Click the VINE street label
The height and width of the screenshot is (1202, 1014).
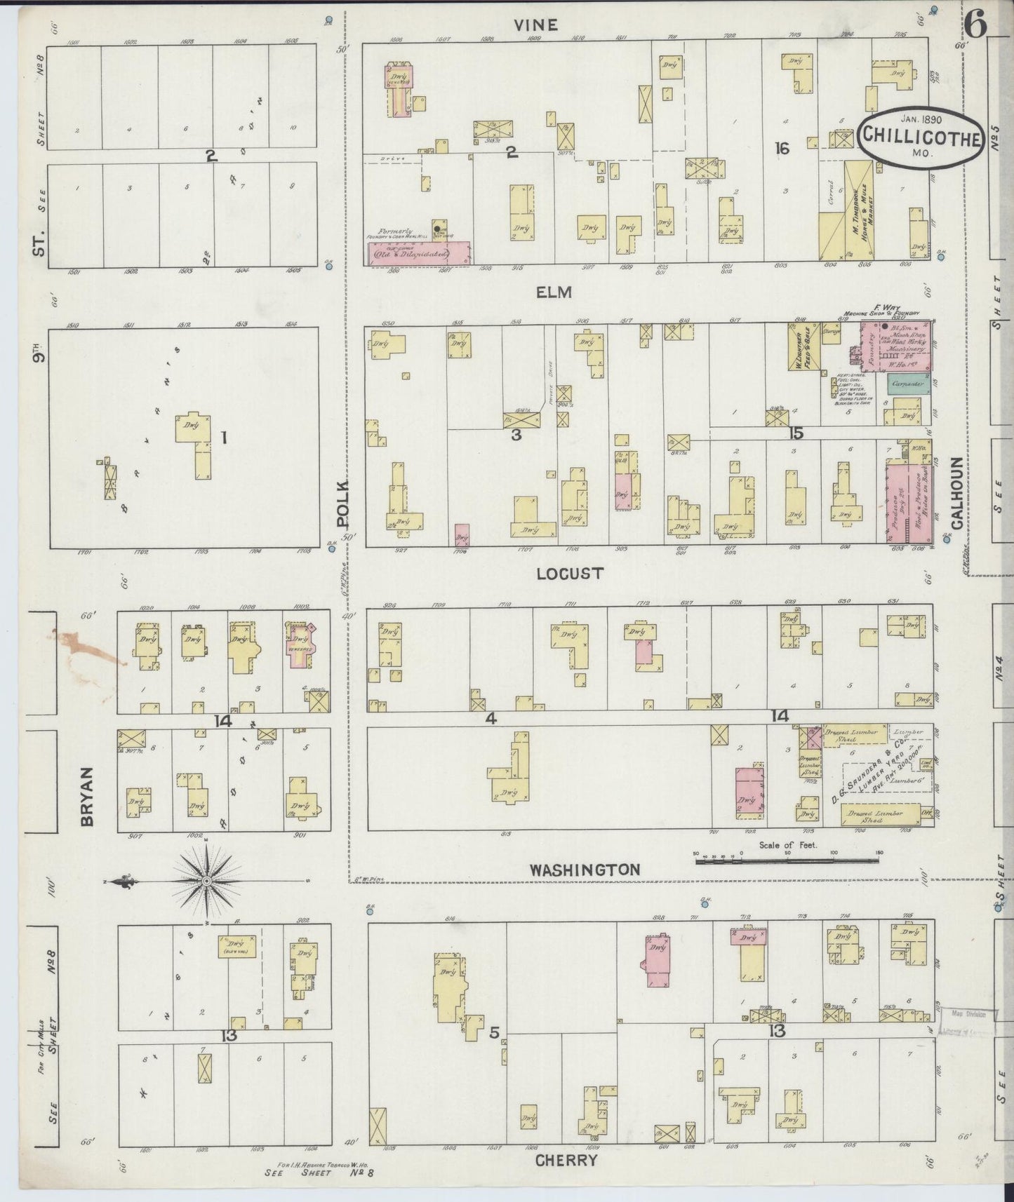point(535,25)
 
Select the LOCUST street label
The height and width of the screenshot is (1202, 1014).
point(569,573)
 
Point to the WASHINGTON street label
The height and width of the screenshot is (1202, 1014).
point(585,870)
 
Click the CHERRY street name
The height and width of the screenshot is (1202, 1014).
point(566,1160)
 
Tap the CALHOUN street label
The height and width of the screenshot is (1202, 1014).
point(956,492)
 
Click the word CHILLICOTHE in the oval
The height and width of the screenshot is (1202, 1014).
point(919,137)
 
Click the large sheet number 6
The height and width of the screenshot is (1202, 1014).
point(975,26)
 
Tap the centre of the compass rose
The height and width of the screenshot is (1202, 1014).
point(208,880)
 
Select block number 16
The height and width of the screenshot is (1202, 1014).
point(782,148)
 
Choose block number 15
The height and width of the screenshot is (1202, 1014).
point(795,433)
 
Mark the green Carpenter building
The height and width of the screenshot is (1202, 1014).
point(908,384)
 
